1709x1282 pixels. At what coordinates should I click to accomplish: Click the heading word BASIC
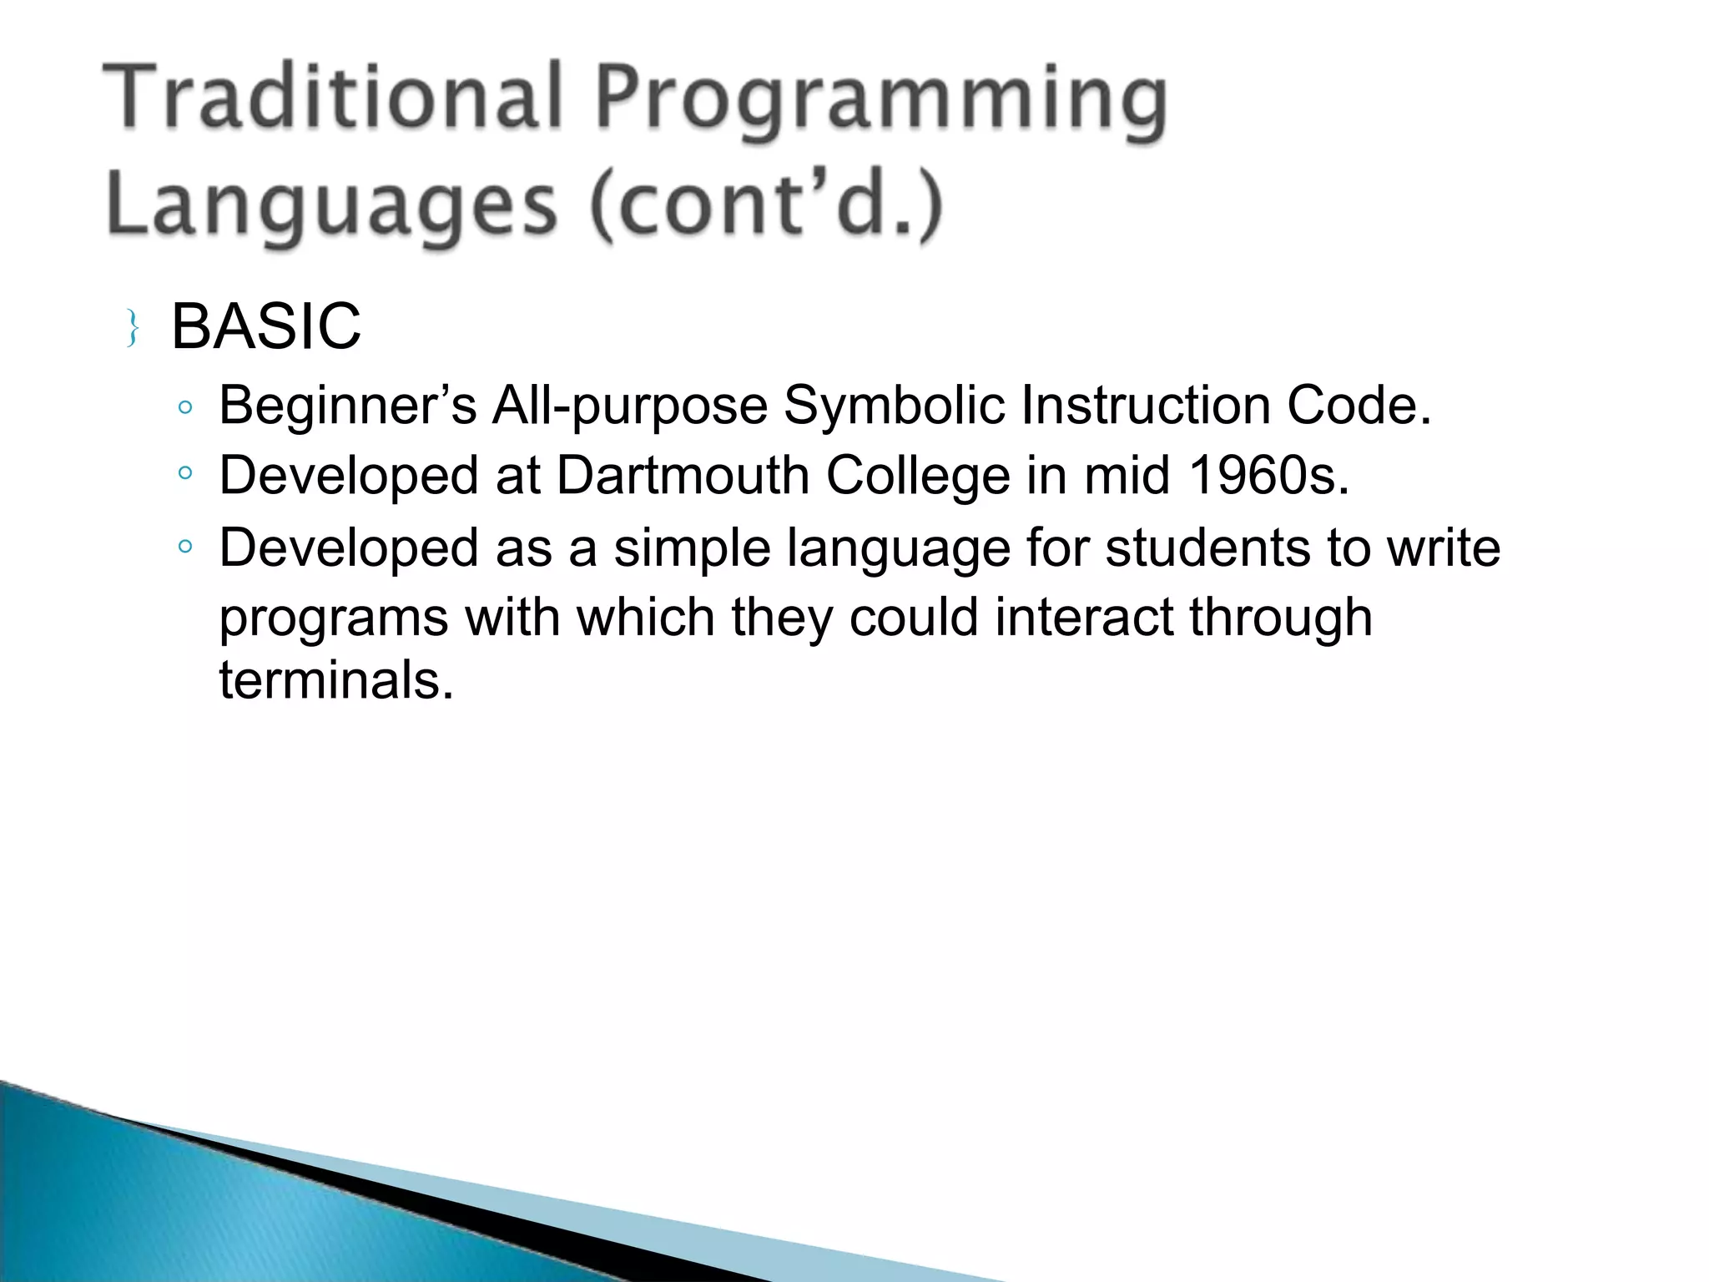pos(265,326)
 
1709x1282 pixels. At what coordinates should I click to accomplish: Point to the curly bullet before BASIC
pos(132,328)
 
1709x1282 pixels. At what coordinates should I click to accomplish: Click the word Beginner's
pos(347,406)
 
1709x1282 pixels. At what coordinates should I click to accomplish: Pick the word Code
pos(1359,406)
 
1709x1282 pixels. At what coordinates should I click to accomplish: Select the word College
pos(917,477)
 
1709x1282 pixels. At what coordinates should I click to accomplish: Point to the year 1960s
pos(1268,476)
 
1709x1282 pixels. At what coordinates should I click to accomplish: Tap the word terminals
pos(335,679)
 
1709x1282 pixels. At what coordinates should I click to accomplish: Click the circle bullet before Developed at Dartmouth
pos(185,474)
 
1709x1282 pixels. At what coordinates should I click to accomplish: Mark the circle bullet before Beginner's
pos(185,407)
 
